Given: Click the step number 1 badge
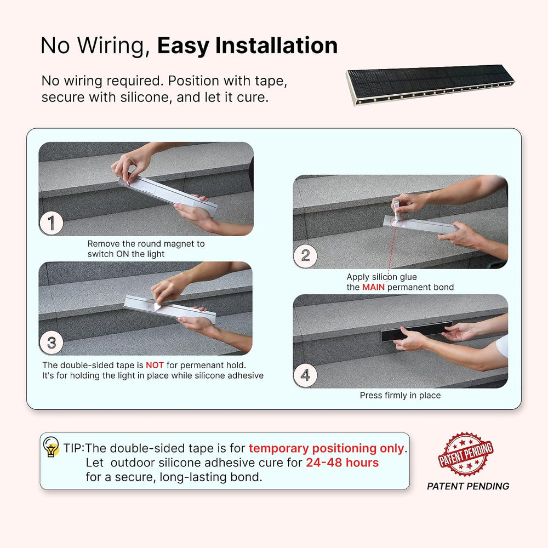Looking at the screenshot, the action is (x=52, y=223).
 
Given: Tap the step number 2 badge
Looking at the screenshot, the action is (x=305, y=255).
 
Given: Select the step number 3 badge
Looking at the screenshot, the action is (x=52, y=342).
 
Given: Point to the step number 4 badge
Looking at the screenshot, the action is (x=305, y=375).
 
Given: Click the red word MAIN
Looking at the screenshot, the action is (x=373, y=287).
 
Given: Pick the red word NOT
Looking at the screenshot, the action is (x=155, y=365).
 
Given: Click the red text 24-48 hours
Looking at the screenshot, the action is (x=342, y=463).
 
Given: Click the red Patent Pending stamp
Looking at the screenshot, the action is (x=465, y=454).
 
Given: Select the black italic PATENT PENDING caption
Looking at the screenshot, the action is (x=468, y=486).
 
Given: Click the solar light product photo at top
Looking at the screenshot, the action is (x=430, y=84).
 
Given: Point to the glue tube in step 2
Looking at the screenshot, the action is (x=397, y=212).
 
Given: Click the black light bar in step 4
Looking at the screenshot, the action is (x=416, y=332).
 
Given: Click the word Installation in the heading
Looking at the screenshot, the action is (x=276, y=45).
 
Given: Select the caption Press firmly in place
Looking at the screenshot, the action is (x=400, y=395).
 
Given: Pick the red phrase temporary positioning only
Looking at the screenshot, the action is (x=327, y=448).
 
